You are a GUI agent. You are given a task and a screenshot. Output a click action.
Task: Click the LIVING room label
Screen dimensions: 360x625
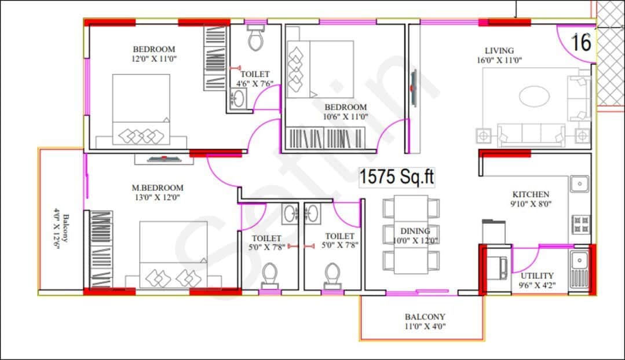pos(499,50)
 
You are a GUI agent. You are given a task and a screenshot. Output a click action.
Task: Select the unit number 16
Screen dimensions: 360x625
pos(582,42)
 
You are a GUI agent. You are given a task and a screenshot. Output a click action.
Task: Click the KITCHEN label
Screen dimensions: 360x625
pos(531,194)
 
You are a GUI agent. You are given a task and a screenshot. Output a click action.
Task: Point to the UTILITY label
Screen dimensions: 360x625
pos(536,275)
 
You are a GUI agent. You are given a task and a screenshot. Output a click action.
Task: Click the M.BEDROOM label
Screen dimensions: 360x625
pos(158,188)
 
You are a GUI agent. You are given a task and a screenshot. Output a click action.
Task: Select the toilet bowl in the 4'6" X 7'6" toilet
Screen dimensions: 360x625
pos(255,39)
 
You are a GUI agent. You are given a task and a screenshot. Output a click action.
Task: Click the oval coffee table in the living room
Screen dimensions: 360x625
pos(532,96)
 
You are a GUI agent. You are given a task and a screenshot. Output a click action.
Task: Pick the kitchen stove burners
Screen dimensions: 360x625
pos(580,223)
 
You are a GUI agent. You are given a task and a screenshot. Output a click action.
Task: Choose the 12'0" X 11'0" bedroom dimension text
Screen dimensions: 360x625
pos(153,58)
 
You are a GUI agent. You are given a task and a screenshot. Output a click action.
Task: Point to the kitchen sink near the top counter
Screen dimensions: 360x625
pos(579,184)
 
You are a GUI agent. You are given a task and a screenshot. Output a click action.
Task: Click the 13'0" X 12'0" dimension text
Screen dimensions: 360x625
pos(158,197)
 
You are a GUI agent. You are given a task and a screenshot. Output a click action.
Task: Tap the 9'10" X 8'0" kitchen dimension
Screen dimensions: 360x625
pos(531,204)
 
